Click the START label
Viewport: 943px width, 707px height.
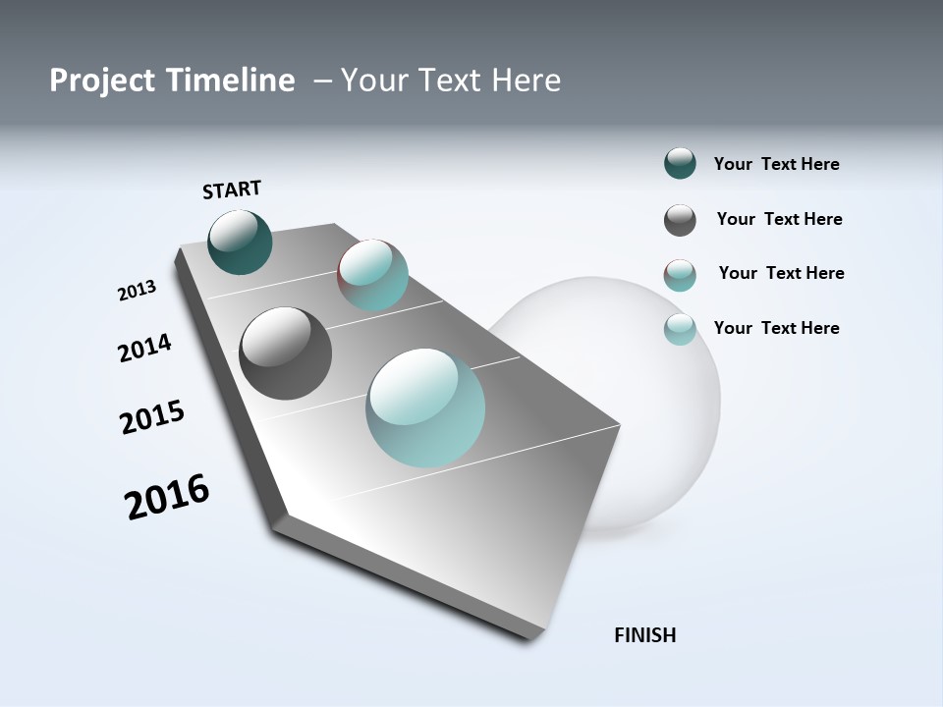(232, 190)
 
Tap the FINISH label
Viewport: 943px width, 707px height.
(645, 635)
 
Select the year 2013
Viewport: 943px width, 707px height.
(138, 291)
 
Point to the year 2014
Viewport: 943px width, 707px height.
(145, 348)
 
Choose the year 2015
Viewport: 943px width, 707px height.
(152, 417)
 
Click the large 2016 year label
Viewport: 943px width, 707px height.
(167, 497)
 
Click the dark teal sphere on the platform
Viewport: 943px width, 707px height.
(241, 243)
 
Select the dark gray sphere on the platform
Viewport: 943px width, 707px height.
(286, 353)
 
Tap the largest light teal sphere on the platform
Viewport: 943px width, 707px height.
(425, 408)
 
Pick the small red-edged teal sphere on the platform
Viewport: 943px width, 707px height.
(373, 275)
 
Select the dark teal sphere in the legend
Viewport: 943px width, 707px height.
(680, 164)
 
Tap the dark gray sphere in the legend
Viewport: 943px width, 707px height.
(680, 220)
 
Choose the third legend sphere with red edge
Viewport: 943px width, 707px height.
(680, 275)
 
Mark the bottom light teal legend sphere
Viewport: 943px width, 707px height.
(680, 329)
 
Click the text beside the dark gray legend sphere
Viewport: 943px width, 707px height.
(779, 219)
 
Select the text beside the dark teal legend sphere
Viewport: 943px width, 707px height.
(776, 164)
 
